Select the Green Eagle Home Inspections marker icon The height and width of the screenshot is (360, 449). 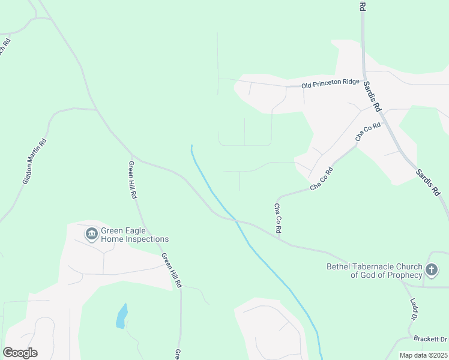pos(91,233)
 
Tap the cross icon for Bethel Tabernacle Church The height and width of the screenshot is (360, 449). pos(432,270)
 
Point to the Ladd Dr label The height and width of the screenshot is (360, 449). pos(414,309)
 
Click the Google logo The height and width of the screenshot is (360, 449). pos(20,353)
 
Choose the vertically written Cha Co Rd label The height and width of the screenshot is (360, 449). pos(278,218)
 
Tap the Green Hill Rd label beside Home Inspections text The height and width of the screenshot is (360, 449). pos(171,269)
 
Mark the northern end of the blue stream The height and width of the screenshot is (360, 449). pos(191,146)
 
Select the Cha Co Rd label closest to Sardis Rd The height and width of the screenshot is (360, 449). pos(369,132)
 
